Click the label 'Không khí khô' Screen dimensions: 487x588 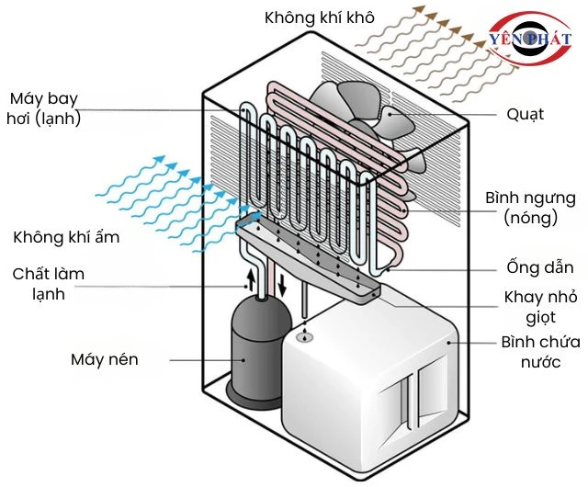click(320, 17)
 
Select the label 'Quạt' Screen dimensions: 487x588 click(525, 115)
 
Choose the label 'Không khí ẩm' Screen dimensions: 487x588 click(67, 238)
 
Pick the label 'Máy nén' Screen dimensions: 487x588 click(105, 359)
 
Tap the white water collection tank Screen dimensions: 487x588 click(367, 377)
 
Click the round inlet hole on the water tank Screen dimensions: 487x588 click(306, 338)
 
